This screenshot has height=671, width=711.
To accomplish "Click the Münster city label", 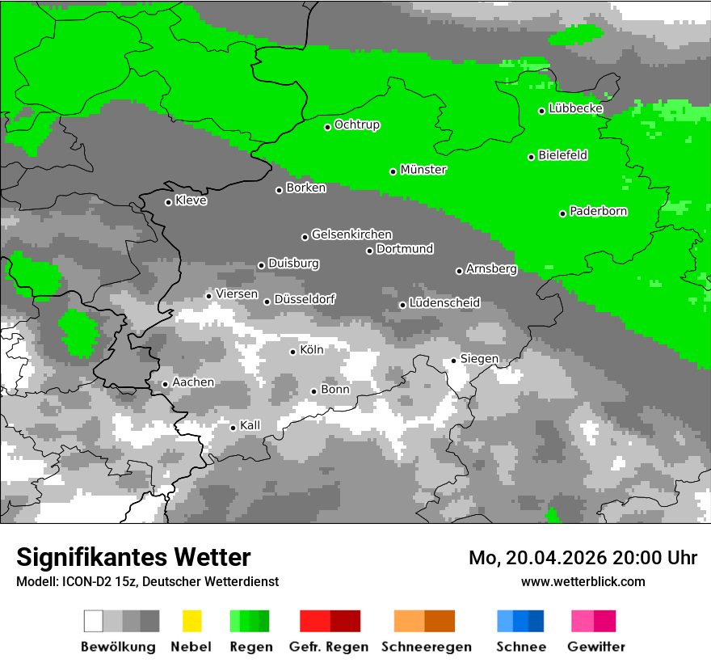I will (x=423, y=170).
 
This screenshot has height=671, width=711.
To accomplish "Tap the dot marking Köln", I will (x=293, y=352).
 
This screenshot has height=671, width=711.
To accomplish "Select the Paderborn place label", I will (x=599, y=211).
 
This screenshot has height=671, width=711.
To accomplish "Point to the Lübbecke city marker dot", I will (x=542, y=111).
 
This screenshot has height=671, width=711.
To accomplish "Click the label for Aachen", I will (x=193, y=382).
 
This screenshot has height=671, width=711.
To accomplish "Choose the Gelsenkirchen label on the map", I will (x=351, y=234).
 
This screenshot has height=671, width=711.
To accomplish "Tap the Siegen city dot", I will (x=454, y=361).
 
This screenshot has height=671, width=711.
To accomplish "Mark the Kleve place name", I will (x=191, y=200).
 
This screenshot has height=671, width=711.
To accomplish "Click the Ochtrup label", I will (x=357, y=124).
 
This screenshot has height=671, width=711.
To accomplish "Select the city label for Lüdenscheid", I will (x=444, y=303).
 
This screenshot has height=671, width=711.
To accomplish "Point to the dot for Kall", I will (x=233, y=428).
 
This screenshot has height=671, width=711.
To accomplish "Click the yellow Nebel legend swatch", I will (x=191, y=621).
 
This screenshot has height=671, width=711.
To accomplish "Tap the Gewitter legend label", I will (x=596, y=647).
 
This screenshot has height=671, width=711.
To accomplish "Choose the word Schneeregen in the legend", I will (x=427, y=647).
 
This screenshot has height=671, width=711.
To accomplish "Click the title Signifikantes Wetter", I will (x=133, y=557).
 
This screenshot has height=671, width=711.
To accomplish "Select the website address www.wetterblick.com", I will (x=583, y=581).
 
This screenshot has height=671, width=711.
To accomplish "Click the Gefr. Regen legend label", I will (x=329, y=647).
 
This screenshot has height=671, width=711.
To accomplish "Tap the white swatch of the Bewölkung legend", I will (x=94, y=621).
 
